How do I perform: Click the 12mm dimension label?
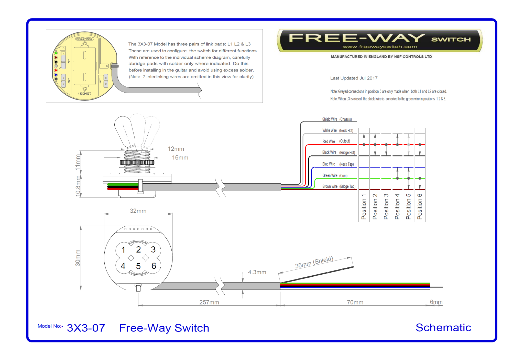pos(176,149)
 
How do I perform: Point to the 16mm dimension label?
pos(180,158)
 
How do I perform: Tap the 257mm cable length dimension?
pos(209,302)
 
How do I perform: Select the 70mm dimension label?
pos(355,302)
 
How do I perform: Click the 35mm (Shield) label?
pos(314,262)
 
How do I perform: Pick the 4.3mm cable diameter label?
pos(257,272)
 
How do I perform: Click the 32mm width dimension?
pos(138,211)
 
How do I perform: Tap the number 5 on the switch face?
pos(138,266)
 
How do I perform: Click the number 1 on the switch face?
pos(123,249)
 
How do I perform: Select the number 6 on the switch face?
pos(154,266)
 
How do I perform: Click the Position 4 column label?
pos(397,207)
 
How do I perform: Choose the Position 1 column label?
pos(364,207)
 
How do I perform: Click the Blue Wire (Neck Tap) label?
pos(338,164)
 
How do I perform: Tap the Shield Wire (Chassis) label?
pos(337,119)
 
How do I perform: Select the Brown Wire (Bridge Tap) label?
pos(339,186)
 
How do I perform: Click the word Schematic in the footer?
pos(443,327)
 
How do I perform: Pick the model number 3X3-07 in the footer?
pos(86,328)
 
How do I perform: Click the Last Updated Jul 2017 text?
pos(354,78)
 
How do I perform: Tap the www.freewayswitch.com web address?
pos(380,47)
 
